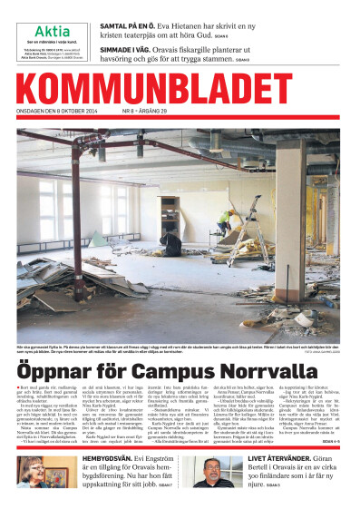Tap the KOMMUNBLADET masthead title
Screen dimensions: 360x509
coord(179,92)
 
